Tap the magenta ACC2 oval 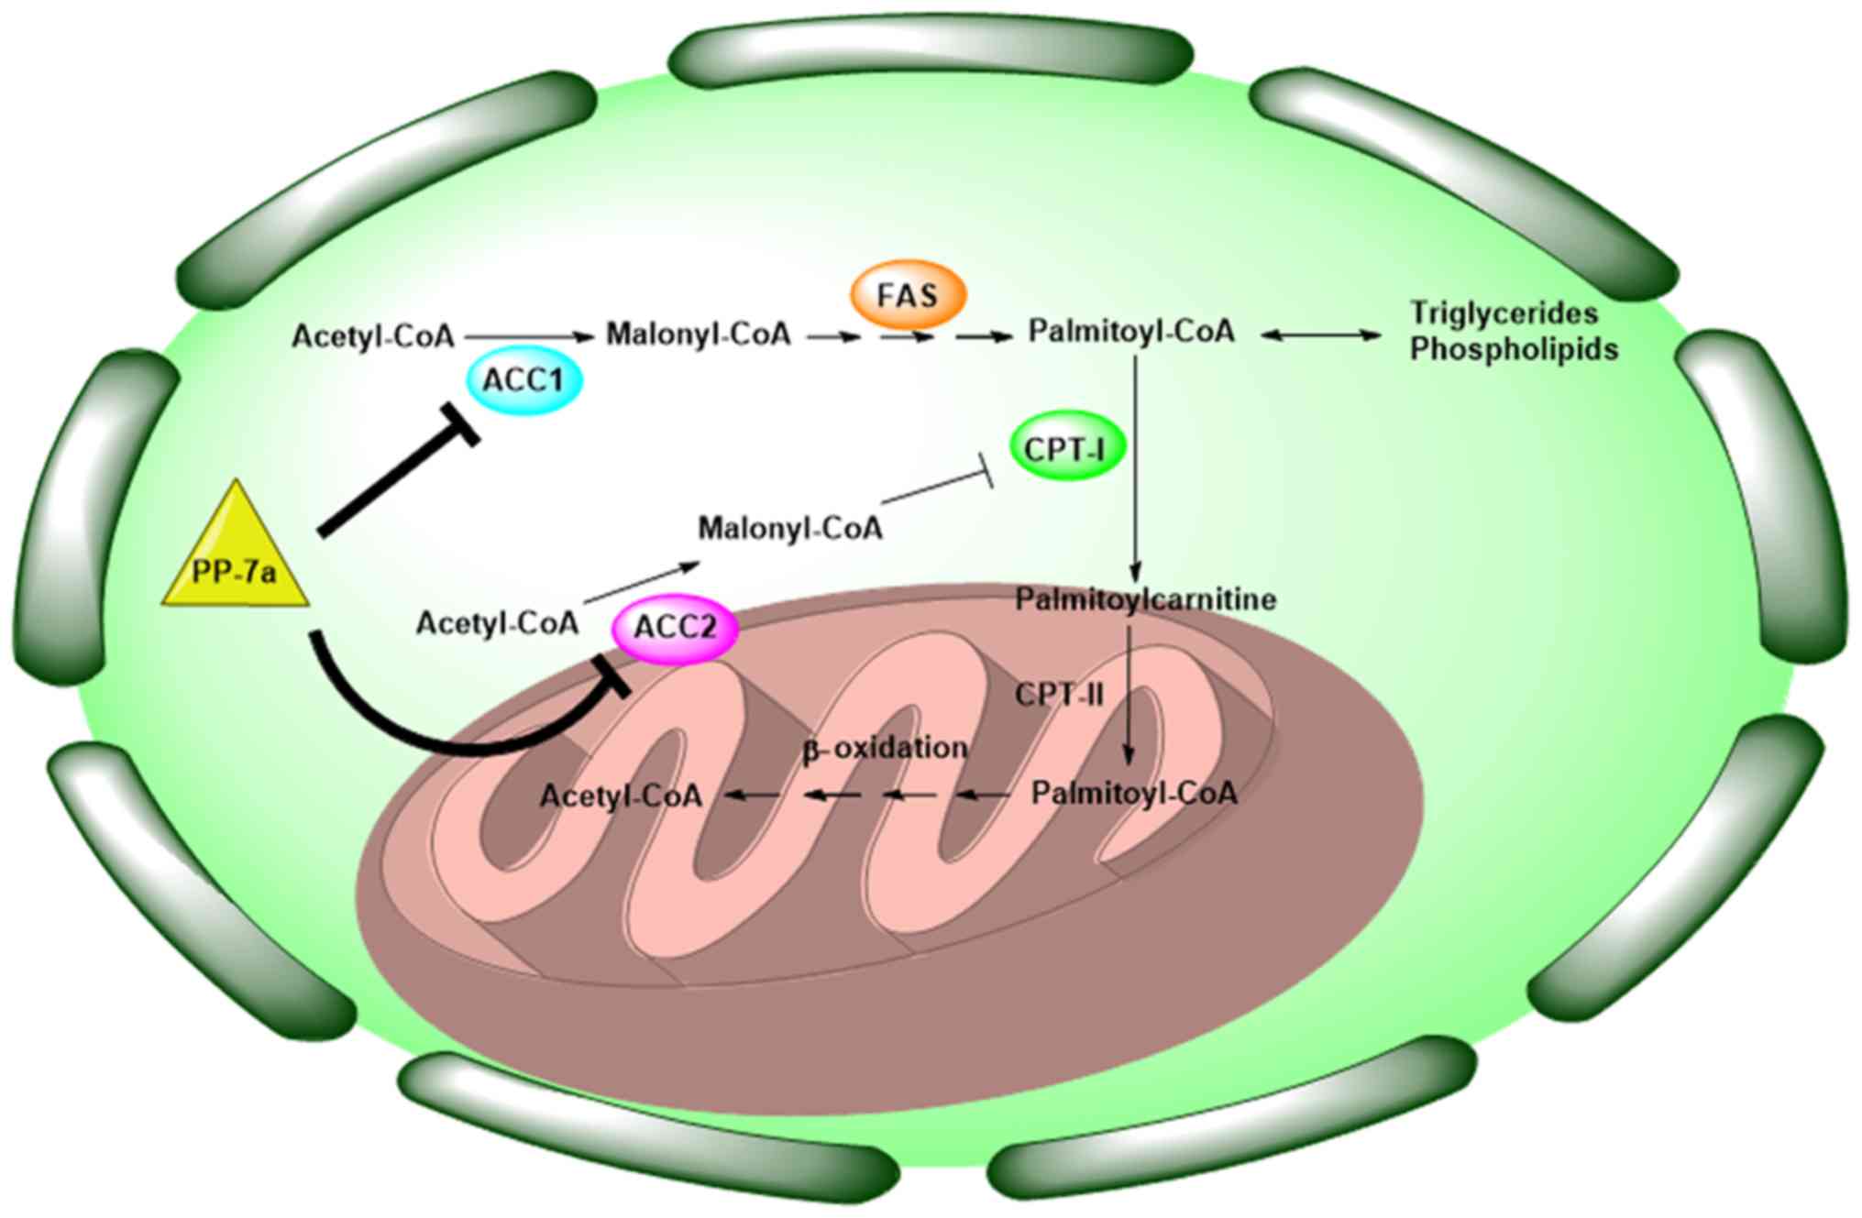pyautogui.click(x=675, y=628)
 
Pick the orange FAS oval pyautogui.click(x=908, y=296)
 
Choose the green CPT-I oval pyautogui.click(x=1066, y=448)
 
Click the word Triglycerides pyautogui.click(x=1504, y=313)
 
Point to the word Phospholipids pyautogui.click(x=1514, y=349)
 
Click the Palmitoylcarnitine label pyautogui.click(x=1145, y=599)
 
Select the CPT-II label pyautogui.click(x=1059, y=695)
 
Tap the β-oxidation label pyautogui.click(x=885, y=748)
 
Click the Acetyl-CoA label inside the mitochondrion pyautogui.click(x=621, y=795)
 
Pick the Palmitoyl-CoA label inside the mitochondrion pyautogui.click(x=1134, y=793)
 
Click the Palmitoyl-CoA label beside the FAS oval pyautogui.click(x=1131, y=331)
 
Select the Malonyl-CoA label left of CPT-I pyautogui.click(x=790, y=528)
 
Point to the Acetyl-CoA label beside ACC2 pyautogui.click(x=497, y=623)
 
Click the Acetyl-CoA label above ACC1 pyautogui.click(x=373, y=336)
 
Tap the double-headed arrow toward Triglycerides pyautogui.click(x=1320, y=335)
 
